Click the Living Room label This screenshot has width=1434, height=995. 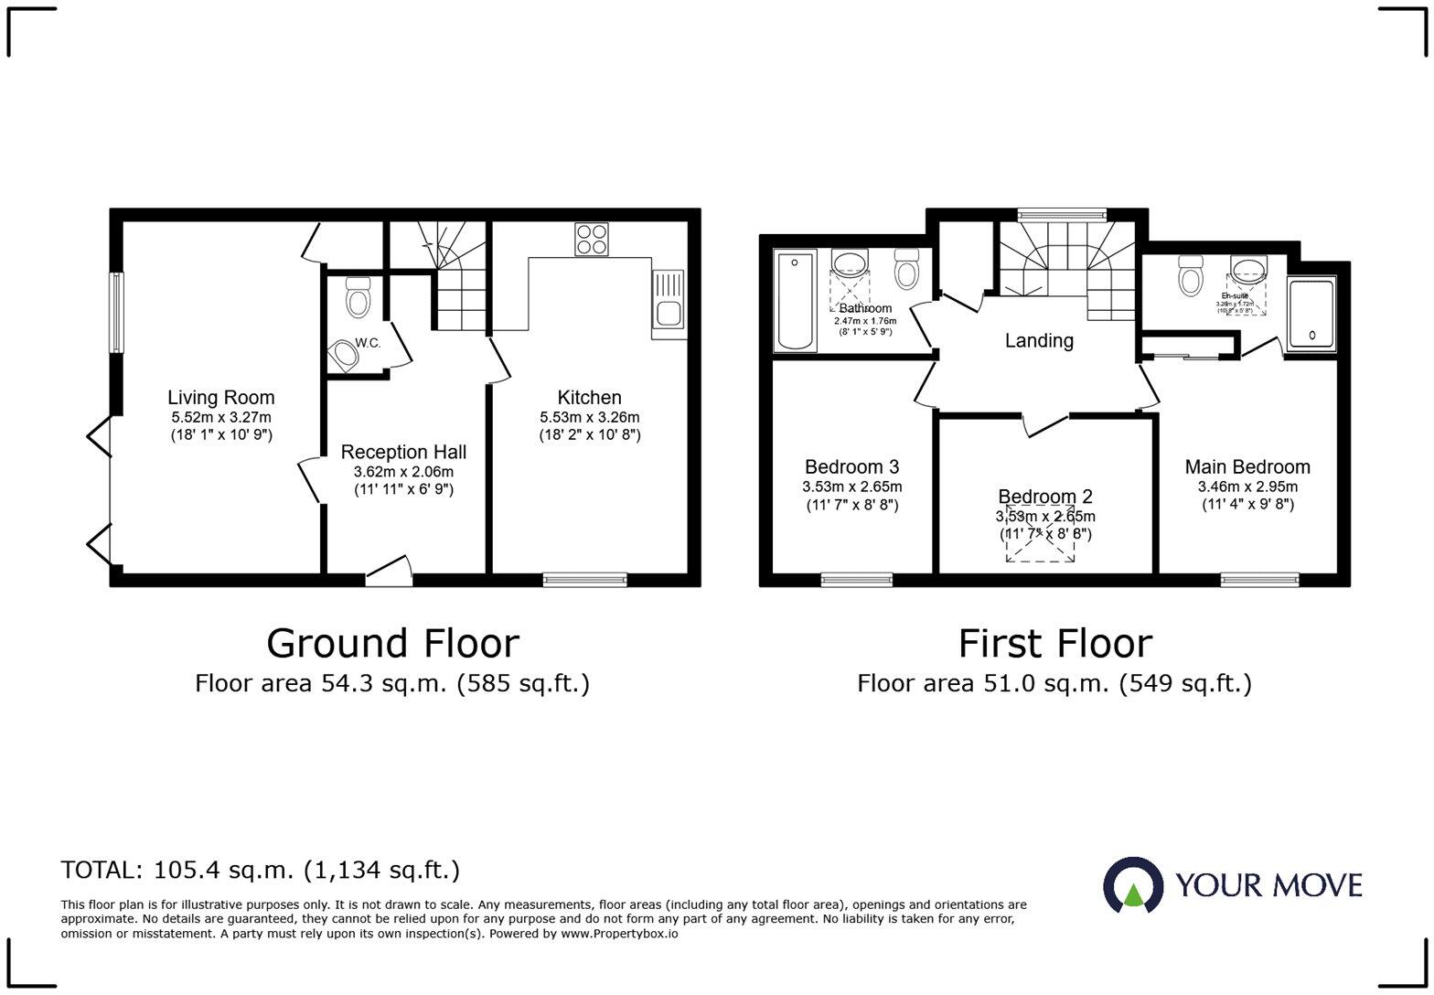point(220,398)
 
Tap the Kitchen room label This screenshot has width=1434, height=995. point(589,398)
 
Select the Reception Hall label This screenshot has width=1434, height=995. point(403,452)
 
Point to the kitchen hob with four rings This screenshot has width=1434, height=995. point(591,240)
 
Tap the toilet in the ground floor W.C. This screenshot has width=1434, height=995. point(358,298)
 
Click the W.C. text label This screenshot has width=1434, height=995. point(368,343)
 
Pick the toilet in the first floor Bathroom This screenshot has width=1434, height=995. point(907,270)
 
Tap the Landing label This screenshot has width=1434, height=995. point(1039,341)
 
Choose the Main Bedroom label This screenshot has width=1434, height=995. point(1247,467)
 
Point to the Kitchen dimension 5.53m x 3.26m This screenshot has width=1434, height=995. point(589,417)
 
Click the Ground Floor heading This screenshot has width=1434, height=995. point(392,643)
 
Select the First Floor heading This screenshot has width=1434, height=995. point(1054,643)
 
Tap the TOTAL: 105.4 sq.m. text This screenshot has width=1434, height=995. point(261,870)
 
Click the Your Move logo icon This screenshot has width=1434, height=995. point(1133,885)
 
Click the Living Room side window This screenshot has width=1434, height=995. point(116,312)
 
